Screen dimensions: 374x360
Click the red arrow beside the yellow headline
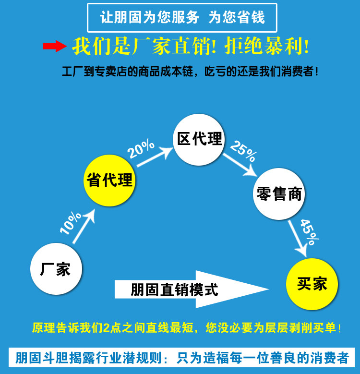point(54,47)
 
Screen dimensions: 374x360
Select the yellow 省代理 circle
point(109,180)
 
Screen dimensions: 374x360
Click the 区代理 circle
point(199,139)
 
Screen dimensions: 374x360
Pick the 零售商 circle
point(279,193)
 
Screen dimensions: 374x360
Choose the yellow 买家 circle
point(312,284)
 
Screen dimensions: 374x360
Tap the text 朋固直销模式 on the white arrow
point(174,290)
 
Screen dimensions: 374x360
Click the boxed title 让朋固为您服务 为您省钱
point(182,18)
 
